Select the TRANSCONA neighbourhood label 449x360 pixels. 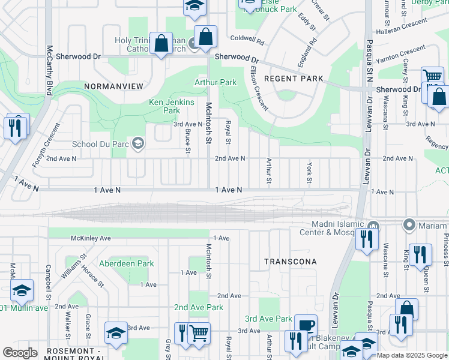tap(290, 262)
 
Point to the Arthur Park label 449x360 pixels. tap(215, 82)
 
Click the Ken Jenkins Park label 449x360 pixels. tap(172, 106)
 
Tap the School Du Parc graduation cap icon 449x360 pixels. tap(139, 143)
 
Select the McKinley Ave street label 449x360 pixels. tap(91, 238)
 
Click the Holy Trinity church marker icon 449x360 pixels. tap(192, 43)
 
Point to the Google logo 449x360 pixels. tap(20, 353)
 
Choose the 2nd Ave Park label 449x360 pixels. tap(198, 307)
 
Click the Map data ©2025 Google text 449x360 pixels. tap(412, 355)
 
